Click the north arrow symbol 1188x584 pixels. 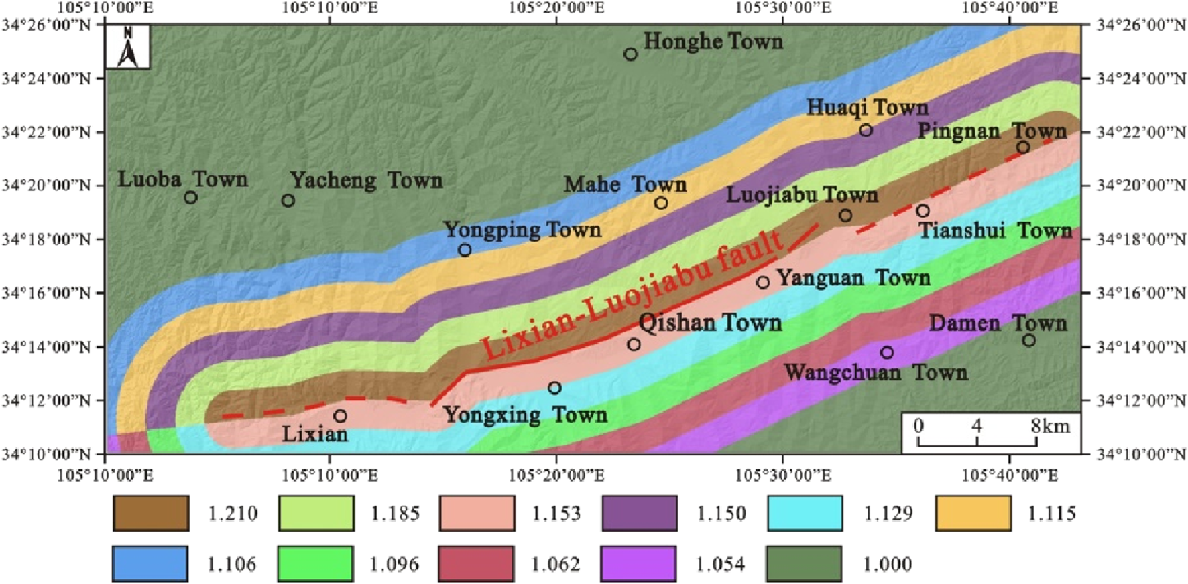(127, 48)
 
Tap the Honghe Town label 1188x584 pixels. (713, 42)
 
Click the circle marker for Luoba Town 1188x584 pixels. (190, 198)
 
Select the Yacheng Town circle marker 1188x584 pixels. (288, 200)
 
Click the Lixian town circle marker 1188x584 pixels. (340, 416)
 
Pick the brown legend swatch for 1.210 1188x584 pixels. (151, 514)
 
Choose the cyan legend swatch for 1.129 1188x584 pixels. (805, 514)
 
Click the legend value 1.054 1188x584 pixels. (720, 564)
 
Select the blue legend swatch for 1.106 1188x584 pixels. (151, 564)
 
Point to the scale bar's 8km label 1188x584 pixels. (1050, 426)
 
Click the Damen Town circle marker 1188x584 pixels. (1028, 340)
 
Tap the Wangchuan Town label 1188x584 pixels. (876, 373)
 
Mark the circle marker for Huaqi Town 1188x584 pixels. (866, 130)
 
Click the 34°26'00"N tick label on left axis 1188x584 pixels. (46, 25)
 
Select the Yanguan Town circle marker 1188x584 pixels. (762, 282)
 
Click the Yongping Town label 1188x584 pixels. (522, 230)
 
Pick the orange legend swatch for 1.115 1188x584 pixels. (973, 514)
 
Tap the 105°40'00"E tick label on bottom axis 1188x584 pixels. (1009, 476)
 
